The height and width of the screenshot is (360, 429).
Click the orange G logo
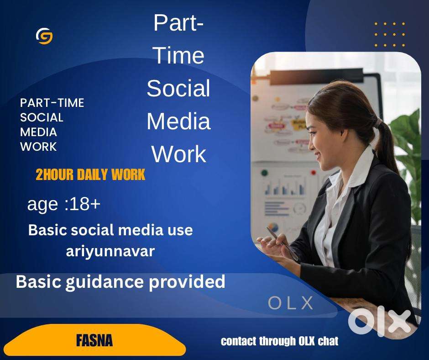coord(44,36)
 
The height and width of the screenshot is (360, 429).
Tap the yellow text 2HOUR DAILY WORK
coord(90,175)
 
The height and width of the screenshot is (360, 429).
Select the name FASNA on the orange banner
coord(94,340)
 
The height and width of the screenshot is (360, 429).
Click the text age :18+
coord(64,204)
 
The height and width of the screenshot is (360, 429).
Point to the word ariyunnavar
coord(110,251)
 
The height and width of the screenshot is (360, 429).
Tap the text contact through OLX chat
coord(279,341)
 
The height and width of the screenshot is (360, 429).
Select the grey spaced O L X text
coord(291,303)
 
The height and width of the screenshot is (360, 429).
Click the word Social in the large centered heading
coord(178,88)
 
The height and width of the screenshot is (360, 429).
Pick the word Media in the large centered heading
coord(178,121)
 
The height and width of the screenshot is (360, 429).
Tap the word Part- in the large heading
coord(178,23)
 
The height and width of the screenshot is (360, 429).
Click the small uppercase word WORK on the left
coord(38,147)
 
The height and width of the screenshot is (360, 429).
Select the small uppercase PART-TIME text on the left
coord(52,103)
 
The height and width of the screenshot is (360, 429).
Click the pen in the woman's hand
coord(283,244)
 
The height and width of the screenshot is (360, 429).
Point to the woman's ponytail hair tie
coord(379,123)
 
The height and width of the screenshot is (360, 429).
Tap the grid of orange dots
coord(390,35)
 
